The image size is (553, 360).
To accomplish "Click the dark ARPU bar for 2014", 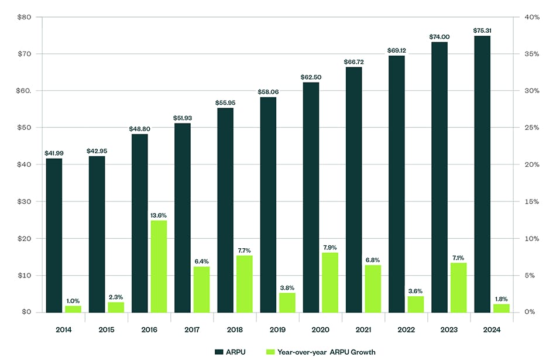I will [54, 235].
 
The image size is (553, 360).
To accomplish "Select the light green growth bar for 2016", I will [159, 266].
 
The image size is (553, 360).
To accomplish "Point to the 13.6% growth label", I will [159, 215].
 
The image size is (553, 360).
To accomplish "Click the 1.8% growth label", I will [502, 299].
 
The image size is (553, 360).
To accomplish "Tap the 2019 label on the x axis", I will [278, 330].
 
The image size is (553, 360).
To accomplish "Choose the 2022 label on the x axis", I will [407, 330].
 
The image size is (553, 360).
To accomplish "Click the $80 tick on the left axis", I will [24, 17].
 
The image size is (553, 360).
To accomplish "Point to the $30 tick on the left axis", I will [24, 201].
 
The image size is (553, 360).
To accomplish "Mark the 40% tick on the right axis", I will [531, 17].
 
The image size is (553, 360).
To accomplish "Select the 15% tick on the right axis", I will [531, 201].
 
